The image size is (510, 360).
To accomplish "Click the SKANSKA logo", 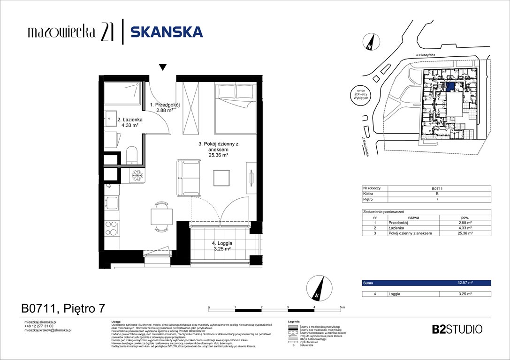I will pyautogui.click(x=166, y=32).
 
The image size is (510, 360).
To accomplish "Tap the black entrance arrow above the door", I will pyautogui.click(x=162, y=67).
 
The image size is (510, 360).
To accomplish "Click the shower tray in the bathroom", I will pyautogui.click(x=122, y=94).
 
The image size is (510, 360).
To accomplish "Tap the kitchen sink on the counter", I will pyautogui.click(x=112, y=202).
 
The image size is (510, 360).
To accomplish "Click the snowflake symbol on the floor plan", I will pyautogui.click(x=137, y=175).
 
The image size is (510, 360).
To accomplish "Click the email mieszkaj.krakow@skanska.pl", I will pyautogui.click(x=47, y=330).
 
